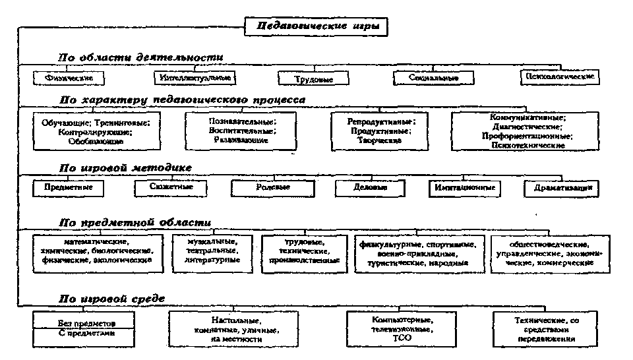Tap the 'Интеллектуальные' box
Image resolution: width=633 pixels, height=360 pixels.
click(x=195, y=78)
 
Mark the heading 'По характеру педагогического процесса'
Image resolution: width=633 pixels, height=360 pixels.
click(x=183, y=100)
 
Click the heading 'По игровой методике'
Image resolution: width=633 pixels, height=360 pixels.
click(x=126, y=168)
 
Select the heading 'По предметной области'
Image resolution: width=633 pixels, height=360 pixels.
click(x=136, y=222)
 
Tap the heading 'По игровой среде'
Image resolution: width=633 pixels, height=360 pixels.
click(x=113, y=299)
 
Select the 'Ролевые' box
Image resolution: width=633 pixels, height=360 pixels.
click(x=274, y=188)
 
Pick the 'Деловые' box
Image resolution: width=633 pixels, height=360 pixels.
click(x=371, y=188)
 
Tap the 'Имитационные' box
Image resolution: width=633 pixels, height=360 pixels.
click(x=464, y=188)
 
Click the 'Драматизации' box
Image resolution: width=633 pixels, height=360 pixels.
click(x=562, y=189)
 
